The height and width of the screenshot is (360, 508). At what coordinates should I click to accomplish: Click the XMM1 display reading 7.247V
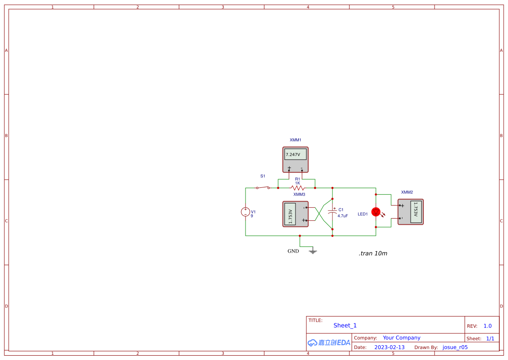tap(295, 154)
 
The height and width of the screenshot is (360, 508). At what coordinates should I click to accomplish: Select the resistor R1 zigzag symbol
tap(297, 188)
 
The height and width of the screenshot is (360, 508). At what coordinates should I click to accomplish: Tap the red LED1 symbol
tap(376, 212)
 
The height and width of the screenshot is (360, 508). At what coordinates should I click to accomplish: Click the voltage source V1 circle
tap(245, 212)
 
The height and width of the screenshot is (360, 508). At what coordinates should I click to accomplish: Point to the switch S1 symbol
tap(263, 188)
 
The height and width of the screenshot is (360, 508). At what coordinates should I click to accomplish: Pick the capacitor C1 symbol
tap(332, 213)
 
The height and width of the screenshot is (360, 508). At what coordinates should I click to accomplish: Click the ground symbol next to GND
tap(312, 251)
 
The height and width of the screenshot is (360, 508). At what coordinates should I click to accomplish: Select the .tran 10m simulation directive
tap(373, 253)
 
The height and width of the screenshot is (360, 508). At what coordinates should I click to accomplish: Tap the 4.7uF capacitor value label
tap(343, 216)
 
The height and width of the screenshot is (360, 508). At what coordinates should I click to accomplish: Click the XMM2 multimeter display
tap(416, 212)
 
